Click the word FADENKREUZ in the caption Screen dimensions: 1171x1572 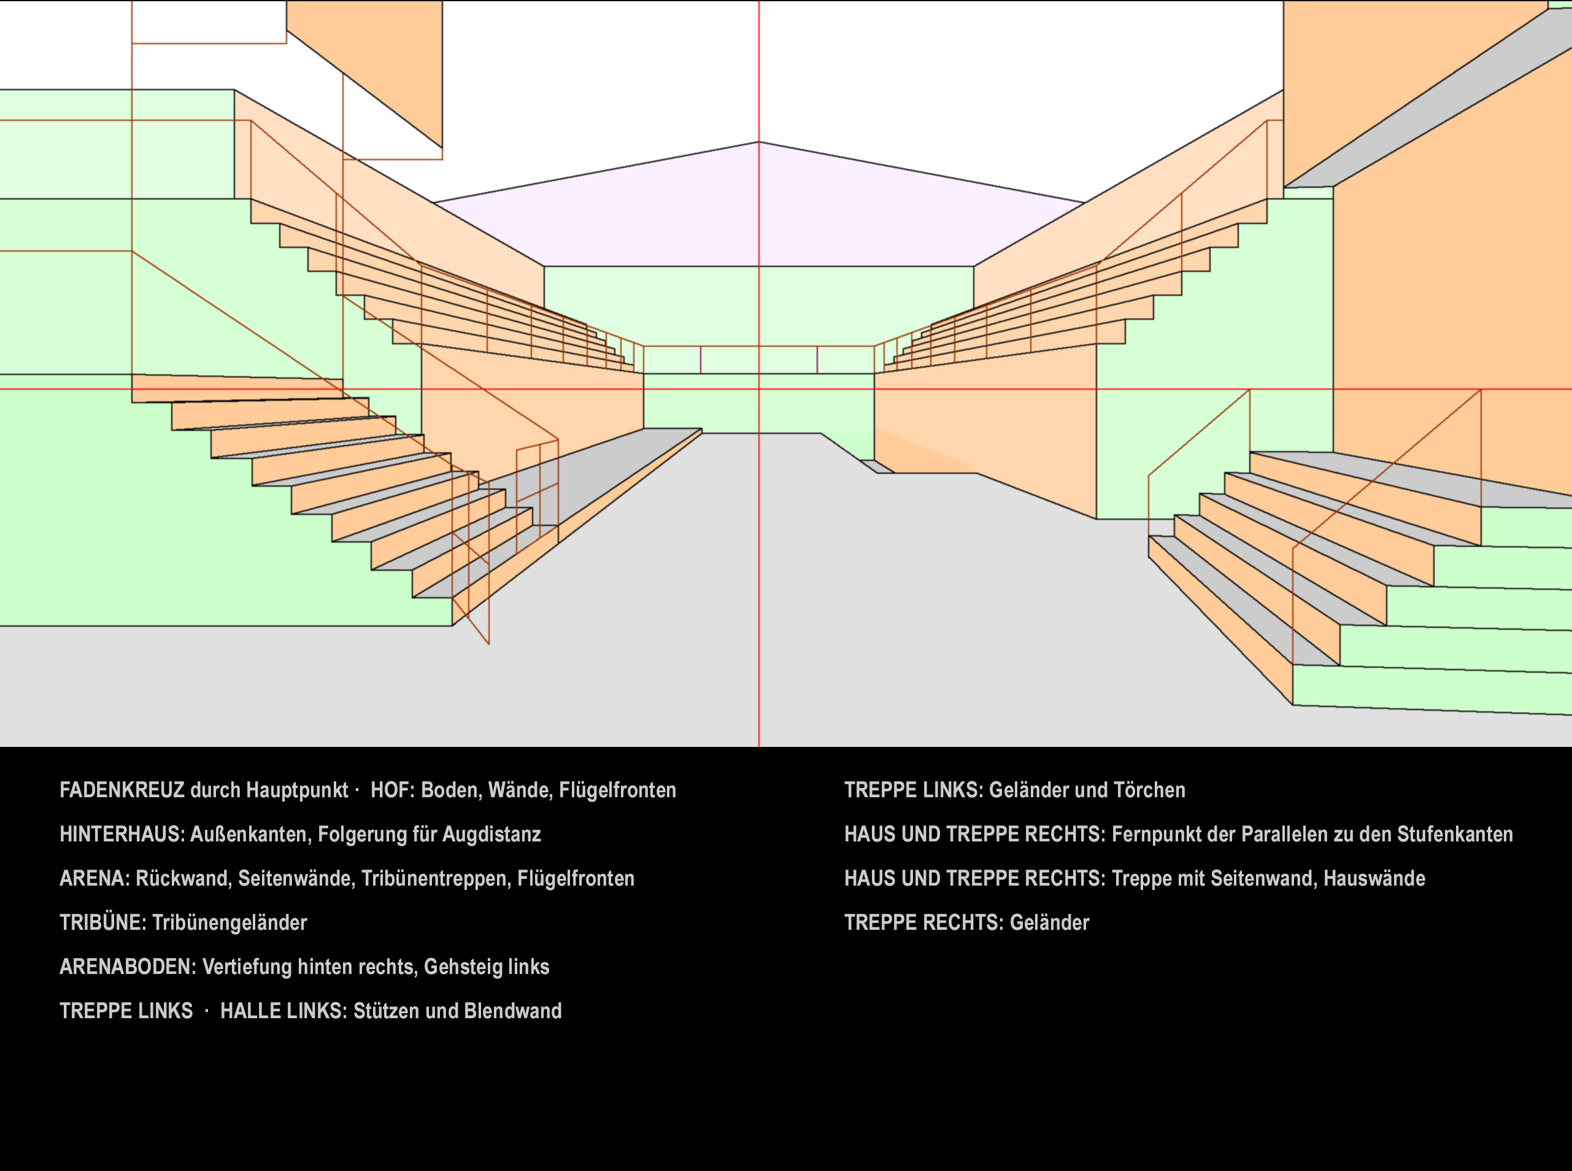122,790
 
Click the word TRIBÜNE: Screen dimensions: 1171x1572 102,922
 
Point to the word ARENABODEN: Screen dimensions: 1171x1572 128,967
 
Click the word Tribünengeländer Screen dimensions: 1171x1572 229,922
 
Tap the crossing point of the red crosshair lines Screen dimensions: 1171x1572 759,389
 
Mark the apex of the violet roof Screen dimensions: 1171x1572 759,142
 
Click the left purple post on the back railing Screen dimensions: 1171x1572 701,360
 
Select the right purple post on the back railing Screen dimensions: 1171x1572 817,360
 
